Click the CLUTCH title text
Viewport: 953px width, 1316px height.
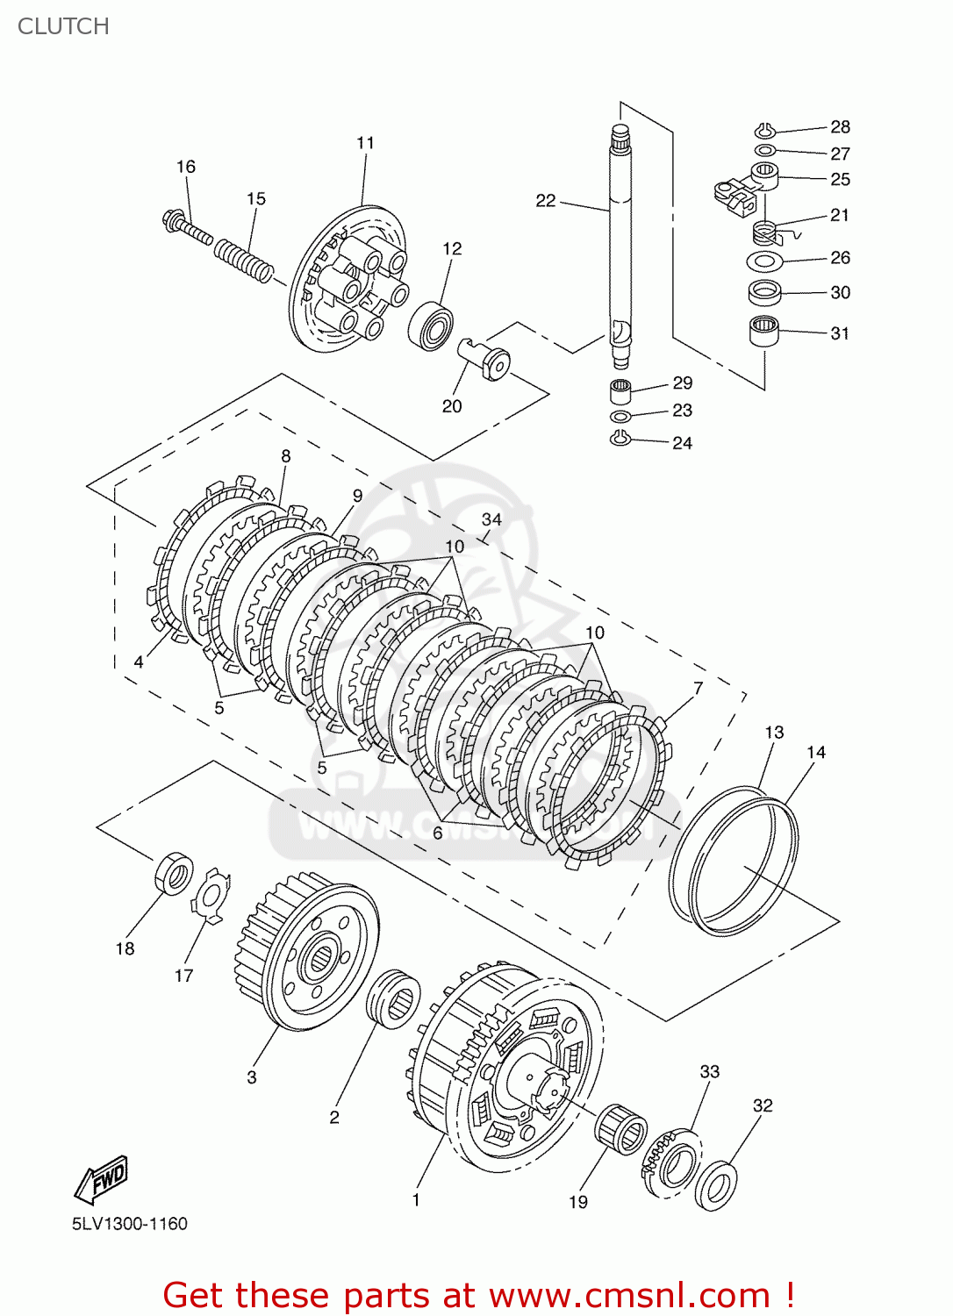pyautogui.click(x=63, y=26)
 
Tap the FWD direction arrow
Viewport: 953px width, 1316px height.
pyautogui.click(x=102, y=1179)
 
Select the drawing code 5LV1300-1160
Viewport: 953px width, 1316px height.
pyautogui.click(x=130, y=1224)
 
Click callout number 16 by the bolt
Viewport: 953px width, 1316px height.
pyautogui.click(x=186, y=167)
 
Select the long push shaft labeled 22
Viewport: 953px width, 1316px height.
pyautogui.click(x=620, y=246)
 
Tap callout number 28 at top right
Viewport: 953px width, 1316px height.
pyautogui.click(x=840, y=127)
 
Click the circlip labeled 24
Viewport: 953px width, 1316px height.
pyautogui.click(x=620, y=439)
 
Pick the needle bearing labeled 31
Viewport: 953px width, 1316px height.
pyautogui.click(x=764, y=332)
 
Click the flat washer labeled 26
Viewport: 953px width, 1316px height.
pyautogui.click(x=765, y=261)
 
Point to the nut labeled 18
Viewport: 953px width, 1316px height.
pyautogui.click(x=175, y=873)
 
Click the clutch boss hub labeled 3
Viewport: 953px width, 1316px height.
pyautogui.click(x=307, y=952)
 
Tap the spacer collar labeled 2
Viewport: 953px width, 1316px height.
pyautogui.click(x=392, y=998)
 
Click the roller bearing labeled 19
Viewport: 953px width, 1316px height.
pyautogui.click(x=620, y=1130)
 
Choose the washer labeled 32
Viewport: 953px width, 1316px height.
pyautogui.click(x=716, y=1186)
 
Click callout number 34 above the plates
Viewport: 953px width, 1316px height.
pyautogui.click(x=491, y=519)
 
